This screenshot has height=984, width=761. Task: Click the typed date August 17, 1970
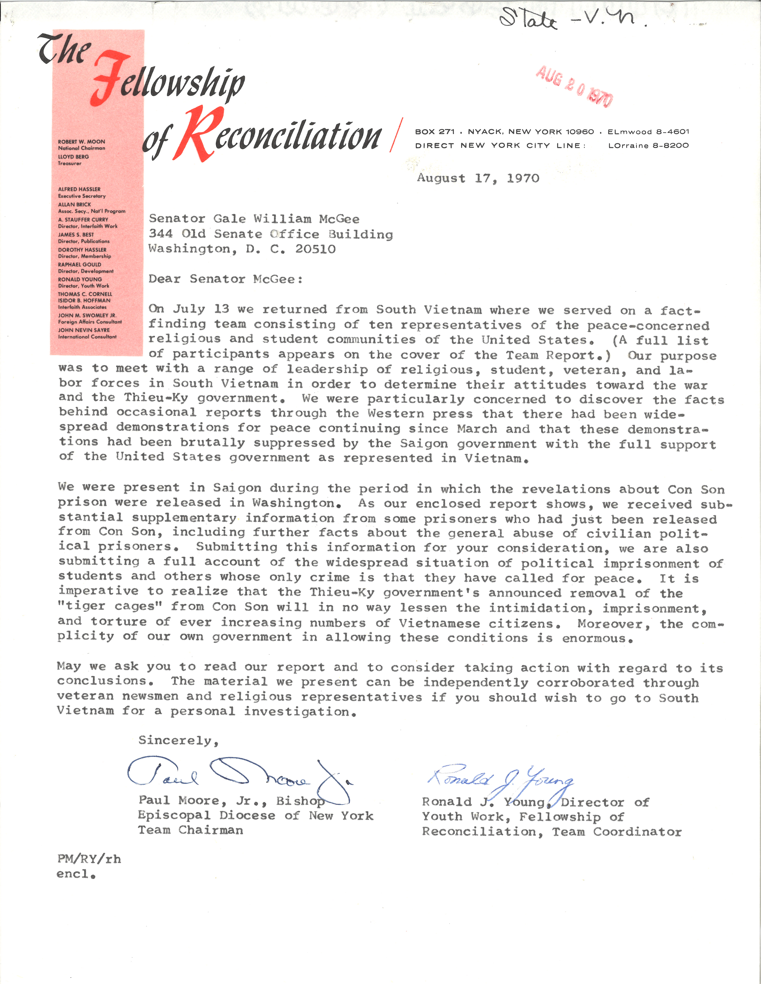click(478, 178)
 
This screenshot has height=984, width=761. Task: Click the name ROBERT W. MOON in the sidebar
click(81, 141)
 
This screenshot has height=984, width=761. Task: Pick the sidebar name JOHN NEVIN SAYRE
click(84, 330)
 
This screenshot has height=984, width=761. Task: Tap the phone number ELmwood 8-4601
click(648, 131)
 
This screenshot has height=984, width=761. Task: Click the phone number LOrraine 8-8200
click(648, 146)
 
